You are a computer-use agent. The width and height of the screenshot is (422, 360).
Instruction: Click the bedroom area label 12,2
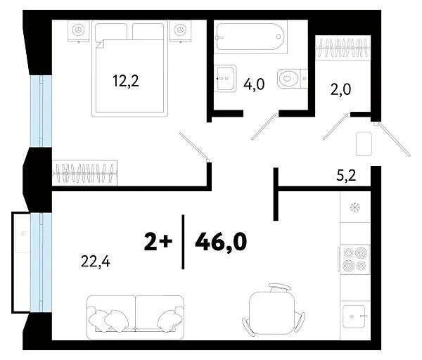coord(126,81)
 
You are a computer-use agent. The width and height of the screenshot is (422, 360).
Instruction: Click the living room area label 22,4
coord(96,262)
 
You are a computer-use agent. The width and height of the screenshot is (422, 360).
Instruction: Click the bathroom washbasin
coord(225,79)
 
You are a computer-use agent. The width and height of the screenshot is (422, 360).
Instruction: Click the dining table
coord(271,310)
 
